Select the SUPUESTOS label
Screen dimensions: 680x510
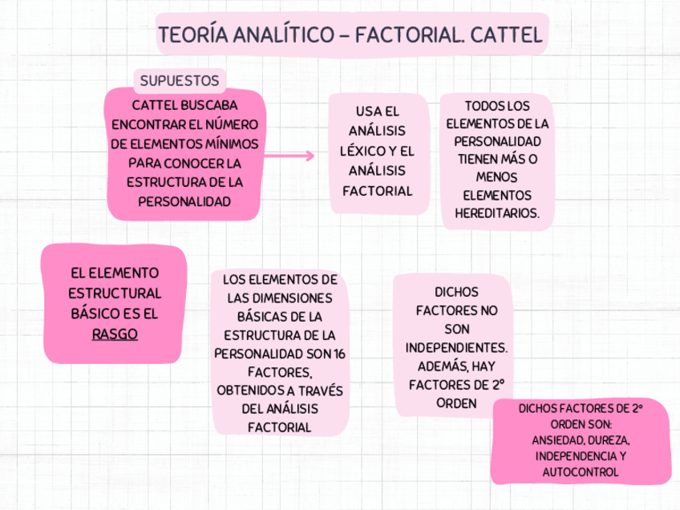coord(180,80)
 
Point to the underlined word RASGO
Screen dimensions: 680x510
coord(115,334)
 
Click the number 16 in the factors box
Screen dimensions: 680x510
coord(339,354)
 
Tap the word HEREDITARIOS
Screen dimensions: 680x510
coord(497,213)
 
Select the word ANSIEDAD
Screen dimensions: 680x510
coord(557,440)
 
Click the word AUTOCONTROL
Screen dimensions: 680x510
coord(581,472)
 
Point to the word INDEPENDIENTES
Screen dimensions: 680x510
coord(456,348)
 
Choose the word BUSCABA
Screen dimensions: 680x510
coord(209,105)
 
